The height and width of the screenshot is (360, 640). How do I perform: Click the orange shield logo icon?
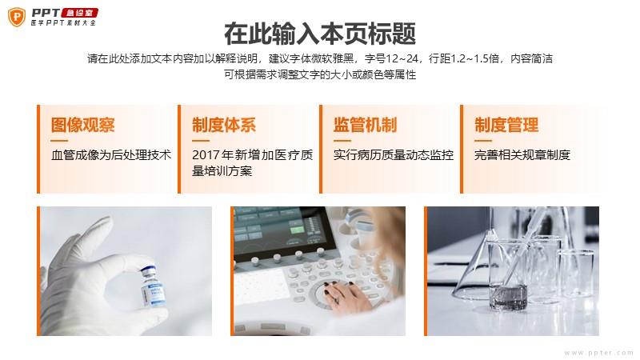[17, 17]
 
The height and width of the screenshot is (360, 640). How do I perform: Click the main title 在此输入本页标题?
[320, 34]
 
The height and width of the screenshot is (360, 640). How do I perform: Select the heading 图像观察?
[83, 125]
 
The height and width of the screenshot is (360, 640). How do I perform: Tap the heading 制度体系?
[224, 125]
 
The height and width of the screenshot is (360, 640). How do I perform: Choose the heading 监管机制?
[365, 125]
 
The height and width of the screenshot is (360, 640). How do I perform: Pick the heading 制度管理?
[506, 125]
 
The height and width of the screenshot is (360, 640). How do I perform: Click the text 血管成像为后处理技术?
[111, 155]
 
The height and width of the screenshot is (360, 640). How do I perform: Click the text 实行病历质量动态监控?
[394, 155]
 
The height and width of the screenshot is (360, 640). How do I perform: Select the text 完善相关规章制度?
[522, 155]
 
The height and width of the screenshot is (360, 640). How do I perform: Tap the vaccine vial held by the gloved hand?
[153, 286]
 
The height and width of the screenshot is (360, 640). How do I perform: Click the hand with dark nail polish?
[343, 296]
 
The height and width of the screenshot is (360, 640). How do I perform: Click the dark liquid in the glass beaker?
[508, 297]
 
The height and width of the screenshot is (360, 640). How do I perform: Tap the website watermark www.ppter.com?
[598, 353]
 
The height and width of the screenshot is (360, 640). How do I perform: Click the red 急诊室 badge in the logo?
[79, 13]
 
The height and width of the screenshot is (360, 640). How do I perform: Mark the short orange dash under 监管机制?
[342, 141]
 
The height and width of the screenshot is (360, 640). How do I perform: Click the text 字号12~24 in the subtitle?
[391, 58]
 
